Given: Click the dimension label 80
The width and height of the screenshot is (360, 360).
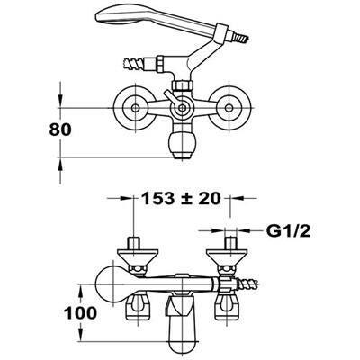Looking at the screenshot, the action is tap(60, 130).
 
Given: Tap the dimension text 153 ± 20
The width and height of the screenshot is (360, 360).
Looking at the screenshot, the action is tap(181, 198).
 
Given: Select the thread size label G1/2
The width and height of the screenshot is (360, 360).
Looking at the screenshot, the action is tap(288, 231).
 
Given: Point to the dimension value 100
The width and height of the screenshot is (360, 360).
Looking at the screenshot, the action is tap(80, 313).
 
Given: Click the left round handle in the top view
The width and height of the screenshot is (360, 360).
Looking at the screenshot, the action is tap(135, 108).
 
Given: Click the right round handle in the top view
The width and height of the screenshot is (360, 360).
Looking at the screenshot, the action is tap(229, 108).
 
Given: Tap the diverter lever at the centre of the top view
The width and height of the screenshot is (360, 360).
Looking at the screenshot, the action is tap(173, 98).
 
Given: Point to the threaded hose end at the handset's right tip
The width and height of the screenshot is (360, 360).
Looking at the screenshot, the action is tap(241, 37).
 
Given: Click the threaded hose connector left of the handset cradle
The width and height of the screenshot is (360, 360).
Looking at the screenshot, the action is tap(134, 64).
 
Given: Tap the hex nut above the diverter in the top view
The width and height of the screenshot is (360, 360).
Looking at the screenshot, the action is tap(182, 85).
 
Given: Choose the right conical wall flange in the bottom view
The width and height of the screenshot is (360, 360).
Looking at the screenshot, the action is tap(229, 256).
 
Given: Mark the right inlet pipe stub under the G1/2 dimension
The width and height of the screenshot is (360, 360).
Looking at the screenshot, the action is tap(230, 243).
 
